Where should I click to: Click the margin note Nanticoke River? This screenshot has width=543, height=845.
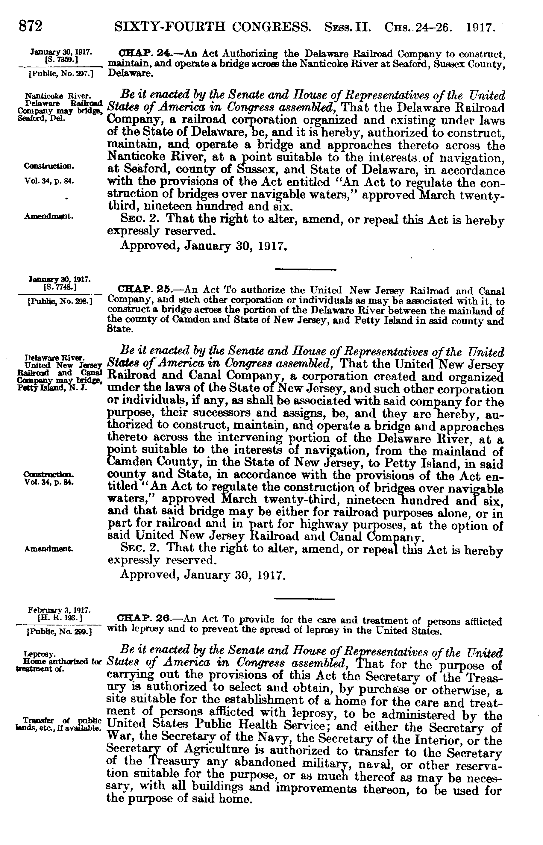pyautogui.click(x=58, y=96)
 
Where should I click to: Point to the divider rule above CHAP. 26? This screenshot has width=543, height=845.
pyautogui.click(x=304, y=599)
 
